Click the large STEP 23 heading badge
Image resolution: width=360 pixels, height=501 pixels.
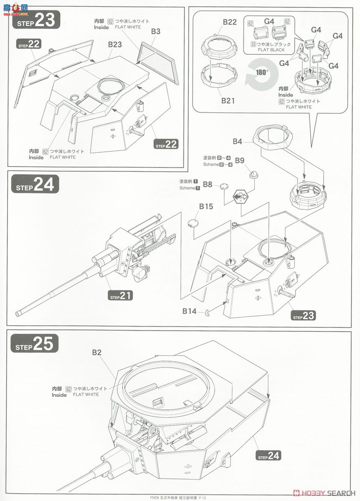(37, 21)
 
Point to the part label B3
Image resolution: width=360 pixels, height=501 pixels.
(156, 31)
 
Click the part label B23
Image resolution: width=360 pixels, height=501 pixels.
(115, 44)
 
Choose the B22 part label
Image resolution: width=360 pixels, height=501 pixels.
(230, 22)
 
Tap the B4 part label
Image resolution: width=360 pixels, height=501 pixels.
(237, 142)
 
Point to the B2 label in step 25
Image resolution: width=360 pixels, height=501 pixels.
(96, 352)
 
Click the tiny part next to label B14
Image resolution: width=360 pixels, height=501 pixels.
(207, 311)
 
